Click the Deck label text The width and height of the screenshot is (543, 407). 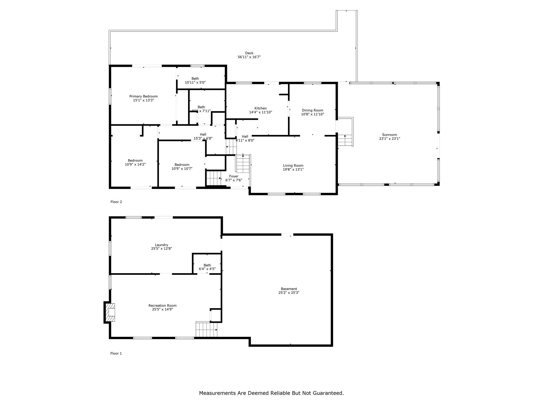tap(249, 53)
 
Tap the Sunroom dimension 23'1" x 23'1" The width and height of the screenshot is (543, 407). tap(389, 139)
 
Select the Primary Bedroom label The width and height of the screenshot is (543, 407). tap(143, 96)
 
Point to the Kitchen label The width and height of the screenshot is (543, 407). tap(260, 108)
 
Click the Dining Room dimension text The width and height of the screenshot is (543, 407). tap(312, 114)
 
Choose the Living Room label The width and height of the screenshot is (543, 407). tap(293, 165)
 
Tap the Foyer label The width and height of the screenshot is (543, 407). tap(234, 176)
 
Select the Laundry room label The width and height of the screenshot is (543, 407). tap(161, 245)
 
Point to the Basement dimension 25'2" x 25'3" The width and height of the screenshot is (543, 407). tap(289, 293)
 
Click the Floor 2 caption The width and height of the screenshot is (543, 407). tap(116, 202)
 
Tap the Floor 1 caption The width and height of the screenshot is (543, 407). tap(116, 353)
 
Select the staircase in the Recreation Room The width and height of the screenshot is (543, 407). tap(206, 329)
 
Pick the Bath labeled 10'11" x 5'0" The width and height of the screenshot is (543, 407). tap(195, 81)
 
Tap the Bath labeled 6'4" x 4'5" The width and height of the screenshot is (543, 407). tap(207, 267)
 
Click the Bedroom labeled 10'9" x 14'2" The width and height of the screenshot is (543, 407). tap(135, 162)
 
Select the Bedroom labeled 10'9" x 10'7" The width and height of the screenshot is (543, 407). tap(182, 167)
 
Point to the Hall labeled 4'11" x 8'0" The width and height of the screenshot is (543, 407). tap(245, 139)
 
